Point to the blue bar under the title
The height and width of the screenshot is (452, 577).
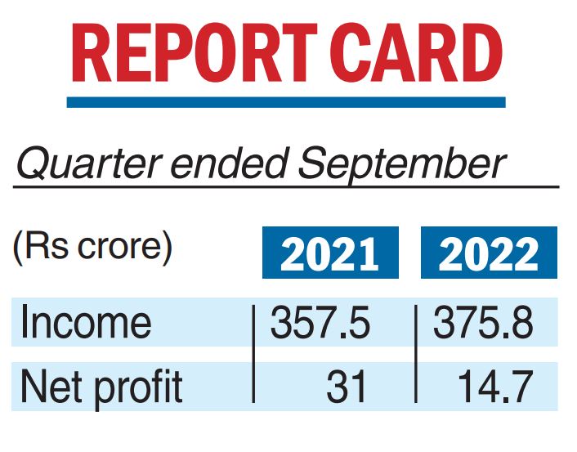[x=285, y=103]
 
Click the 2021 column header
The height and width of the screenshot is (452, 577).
[x=329, y=255]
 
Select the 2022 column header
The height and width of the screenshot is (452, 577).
[x=489, y=255]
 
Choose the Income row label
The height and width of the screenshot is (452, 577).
[x=86, y=323]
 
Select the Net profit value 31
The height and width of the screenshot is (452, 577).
[x=348, y=386]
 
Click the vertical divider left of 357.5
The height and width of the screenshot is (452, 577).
[x=253, y=353]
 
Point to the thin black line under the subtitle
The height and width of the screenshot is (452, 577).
[x=285, y=187]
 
